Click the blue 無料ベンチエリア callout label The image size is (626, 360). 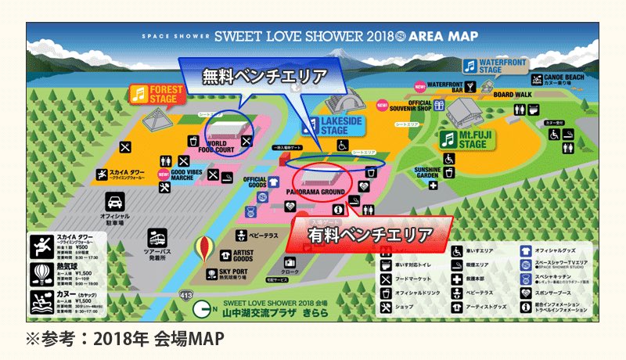264,76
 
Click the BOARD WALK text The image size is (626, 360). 511,95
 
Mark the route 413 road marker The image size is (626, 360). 185,296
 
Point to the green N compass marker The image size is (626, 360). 203,308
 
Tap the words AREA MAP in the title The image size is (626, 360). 449,36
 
